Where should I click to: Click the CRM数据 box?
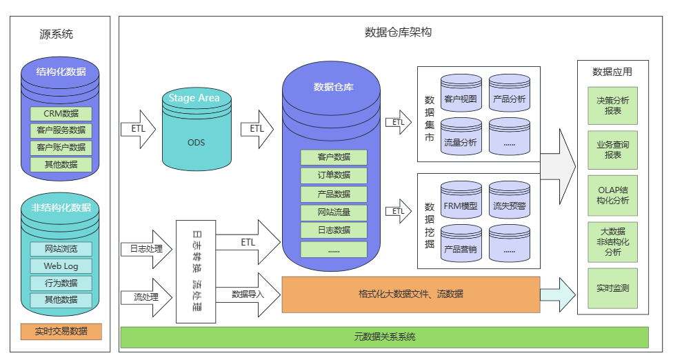tap(61, 113)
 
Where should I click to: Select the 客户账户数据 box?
tap(61, 147)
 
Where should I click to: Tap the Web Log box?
tap(61, 266)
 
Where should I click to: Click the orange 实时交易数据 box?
tap(61, 331)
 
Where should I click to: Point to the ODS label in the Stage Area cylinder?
tap(196, 143)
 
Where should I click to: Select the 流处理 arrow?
tap(145, 297)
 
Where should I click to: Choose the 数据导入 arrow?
tap(249, 294)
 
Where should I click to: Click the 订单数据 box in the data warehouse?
tap(334, 175)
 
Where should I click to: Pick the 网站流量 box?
tap(334, 212)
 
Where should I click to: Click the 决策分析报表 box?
tap(612, 105)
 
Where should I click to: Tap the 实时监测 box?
tap(612, 288)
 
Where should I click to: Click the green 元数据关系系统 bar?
tap(384, 337)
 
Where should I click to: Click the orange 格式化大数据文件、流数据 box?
tap(411, 294)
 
